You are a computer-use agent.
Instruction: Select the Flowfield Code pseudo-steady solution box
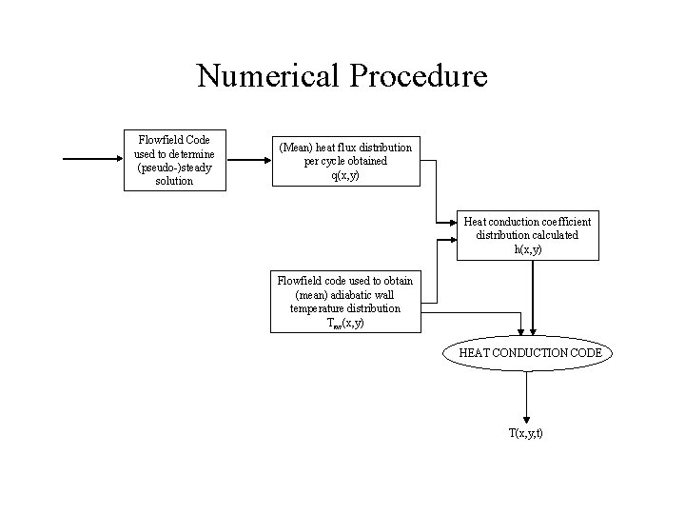point(174,160)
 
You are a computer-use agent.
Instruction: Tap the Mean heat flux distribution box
point(344,161)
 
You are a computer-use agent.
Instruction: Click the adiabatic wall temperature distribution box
point(344,302)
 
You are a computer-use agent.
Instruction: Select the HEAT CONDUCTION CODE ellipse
point(529,353)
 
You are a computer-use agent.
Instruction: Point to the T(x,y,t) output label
point(526,434)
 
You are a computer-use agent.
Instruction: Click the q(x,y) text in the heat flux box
point(345,175)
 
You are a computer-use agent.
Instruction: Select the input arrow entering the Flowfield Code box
point(91,160)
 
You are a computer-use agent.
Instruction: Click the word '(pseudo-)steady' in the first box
point(174,167)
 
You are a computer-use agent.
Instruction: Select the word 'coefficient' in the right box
point(562,221)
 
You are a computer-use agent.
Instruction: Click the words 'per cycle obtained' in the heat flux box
point(345,161)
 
